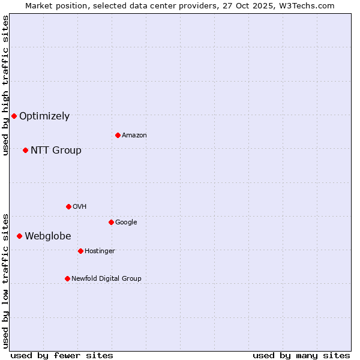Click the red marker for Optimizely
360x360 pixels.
click(14, 116)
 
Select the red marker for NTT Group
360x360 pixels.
click(25, 150)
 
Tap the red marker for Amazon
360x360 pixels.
click(118, 135)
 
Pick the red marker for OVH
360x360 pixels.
click(68, 206)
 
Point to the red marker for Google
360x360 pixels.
click(111, 222)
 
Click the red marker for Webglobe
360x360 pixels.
click(19, 236)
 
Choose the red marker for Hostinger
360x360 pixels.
click(80, 251)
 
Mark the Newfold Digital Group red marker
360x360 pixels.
click(67, 278)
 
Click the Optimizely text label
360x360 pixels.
click(44, 116)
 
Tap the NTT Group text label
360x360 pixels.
click(56, 151)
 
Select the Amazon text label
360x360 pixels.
click(134, 136)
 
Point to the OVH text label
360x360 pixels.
click(80, 207)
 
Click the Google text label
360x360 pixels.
click(126, 223)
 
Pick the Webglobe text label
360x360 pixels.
click(48, 236)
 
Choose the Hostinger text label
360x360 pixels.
click(100, 251)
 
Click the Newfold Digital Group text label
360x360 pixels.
click(106, 279)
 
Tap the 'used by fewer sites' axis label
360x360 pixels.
click(62, 355)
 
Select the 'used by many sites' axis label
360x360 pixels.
click(301, 355)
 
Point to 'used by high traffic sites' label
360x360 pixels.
click(5, 85)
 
